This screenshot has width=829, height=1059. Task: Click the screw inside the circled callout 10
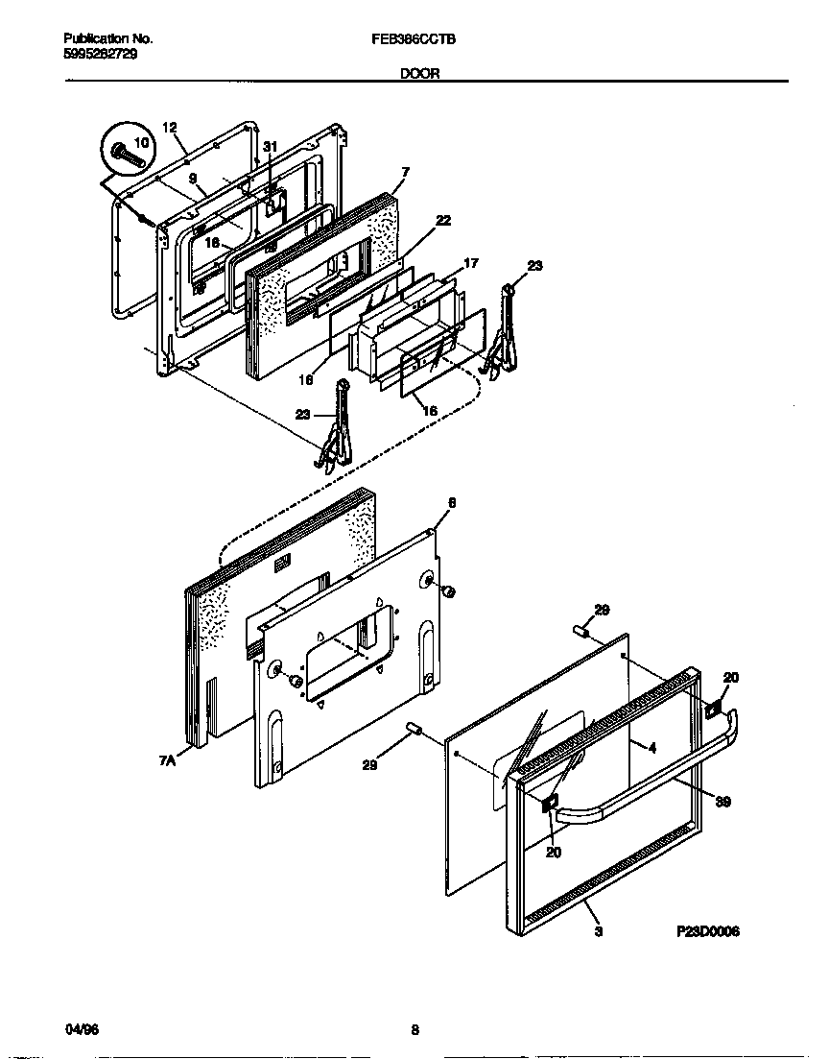[x=125, y=152]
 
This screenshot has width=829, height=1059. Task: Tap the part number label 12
[x=170, y=127]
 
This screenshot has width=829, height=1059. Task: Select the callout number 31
[x=270, y=146]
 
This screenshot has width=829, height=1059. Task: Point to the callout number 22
[x=442, y=220]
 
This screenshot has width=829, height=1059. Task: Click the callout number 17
[x=471, y=262]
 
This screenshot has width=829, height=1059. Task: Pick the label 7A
[x=168, y=760]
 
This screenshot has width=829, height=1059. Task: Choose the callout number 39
[x=722, y=802]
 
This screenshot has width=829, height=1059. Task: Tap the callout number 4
[x=651, y=747]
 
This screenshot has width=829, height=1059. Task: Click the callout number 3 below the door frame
[x=598, y=930]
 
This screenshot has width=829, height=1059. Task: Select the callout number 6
[x=452, y=502]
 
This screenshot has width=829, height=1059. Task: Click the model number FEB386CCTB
[x=414, y=39]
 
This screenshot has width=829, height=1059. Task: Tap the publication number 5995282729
[x=100, y=54]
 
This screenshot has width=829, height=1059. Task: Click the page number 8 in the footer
[x=414, y=1030]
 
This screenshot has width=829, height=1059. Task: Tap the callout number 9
[x=192, y=179]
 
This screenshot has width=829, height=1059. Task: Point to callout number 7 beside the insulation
[x=405, y=172]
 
